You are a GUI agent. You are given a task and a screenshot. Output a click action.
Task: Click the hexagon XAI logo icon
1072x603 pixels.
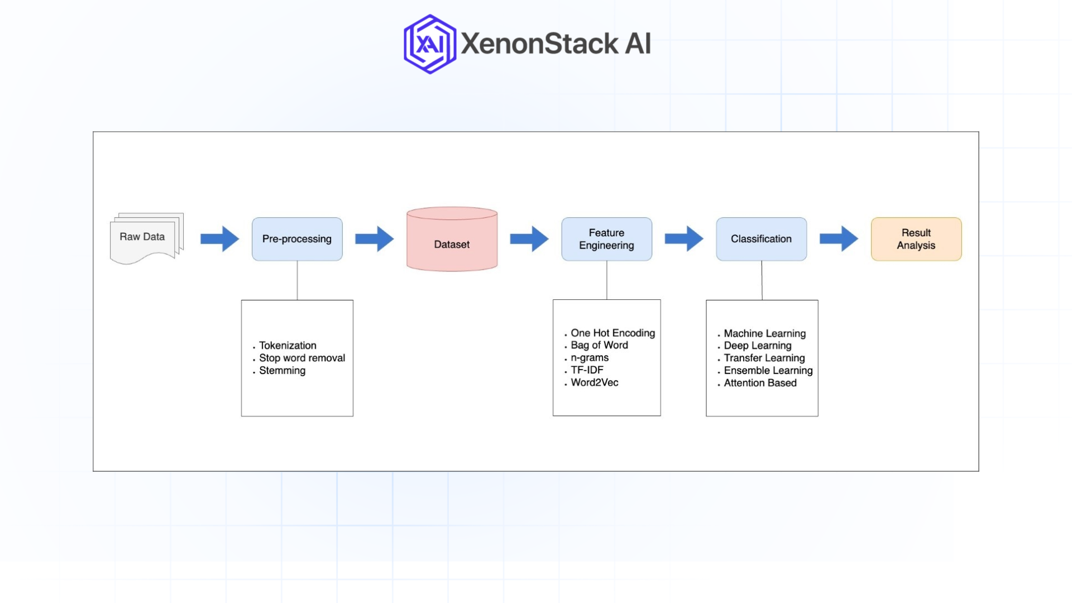[x=429, y=44]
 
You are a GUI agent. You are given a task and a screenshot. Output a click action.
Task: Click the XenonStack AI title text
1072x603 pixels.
[x=556, y=44]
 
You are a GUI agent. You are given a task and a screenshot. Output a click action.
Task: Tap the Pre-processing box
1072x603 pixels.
[x=297, y=239]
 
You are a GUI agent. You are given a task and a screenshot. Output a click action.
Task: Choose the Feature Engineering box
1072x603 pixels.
[x=606, y=239]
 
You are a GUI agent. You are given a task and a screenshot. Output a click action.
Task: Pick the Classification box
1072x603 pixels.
[x=761, y=239]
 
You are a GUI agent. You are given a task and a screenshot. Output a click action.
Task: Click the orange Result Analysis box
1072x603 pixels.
[x=916, y=239]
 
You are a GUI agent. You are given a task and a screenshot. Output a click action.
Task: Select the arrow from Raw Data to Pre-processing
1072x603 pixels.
[x=219, y=239]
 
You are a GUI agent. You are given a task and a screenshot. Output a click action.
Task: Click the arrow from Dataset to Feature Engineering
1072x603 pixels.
[x=529, y=239]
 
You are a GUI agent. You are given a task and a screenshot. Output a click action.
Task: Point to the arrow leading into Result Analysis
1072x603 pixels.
[x=838, y=239]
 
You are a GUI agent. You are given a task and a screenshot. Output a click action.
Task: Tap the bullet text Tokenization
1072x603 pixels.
[x=288, y=346]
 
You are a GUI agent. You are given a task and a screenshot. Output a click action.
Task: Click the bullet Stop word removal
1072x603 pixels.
[x=301, y=358]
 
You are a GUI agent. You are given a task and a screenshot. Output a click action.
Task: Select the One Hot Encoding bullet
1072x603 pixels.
[x=612, y=333]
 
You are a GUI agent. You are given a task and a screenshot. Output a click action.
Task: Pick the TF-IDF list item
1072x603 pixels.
[x=587, y=370]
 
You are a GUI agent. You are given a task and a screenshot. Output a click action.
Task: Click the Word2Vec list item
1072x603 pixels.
[x=594, y=382]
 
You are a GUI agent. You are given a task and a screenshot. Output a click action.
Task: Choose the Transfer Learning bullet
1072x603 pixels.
[x=764, y=358]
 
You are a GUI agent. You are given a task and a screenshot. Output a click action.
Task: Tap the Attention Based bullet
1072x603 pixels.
[x=760, y=383]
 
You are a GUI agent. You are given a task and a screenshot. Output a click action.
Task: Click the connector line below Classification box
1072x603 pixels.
[x=762, y=280]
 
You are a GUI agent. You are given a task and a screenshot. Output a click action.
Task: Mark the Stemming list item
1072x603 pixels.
[x=282, y=371]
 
